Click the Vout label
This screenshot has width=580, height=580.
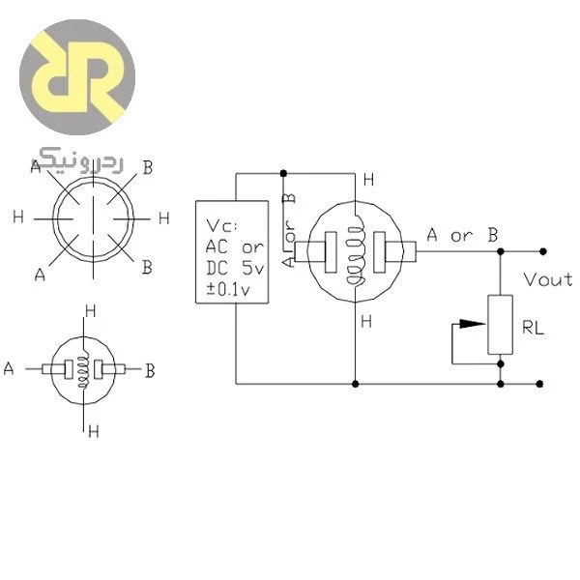pyautogui.click(x=548, y=280)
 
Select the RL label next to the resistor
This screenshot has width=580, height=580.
pyautogui.click(x=533, y=328)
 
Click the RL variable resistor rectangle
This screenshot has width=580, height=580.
pyautogui.click(x=500, y=325)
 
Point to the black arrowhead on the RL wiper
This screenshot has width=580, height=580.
pyautogui.click(x=472, y=324)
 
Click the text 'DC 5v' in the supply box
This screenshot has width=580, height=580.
pyautogui.click(x=235, y=268)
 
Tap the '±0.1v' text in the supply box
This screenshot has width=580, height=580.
pyautogui.click(x=228, y=289)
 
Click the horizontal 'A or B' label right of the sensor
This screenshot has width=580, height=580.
pyautogui.click(x=462, y=235)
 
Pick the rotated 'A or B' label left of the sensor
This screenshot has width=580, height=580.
pyautogui.click(x=289, y=230)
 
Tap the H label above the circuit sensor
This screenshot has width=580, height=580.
pyautogui.click(x=369, y=180)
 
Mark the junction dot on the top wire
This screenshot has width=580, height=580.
pyautogui.click(x=283, y=173)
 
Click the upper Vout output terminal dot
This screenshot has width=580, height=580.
pyautogui.click(x=543, y=251)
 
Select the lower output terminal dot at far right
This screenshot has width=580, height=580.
pyautogui.click(x=539, y=384)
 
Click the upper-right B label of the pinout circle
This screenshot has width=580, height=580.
pyautogui.click(x=148, y=167)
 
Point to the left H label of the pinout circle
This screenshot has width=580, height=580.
pyautogui.click(x=18, y=217)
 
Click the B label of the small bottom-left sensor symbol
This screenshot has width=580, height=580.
pyautogui.click(x=150, y=370)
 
